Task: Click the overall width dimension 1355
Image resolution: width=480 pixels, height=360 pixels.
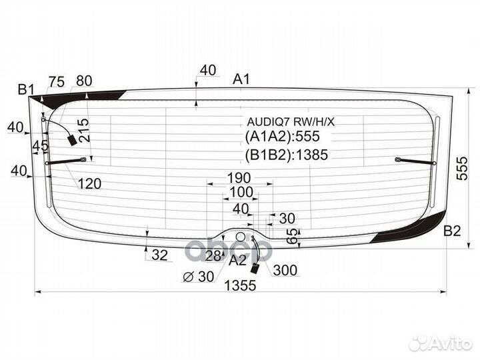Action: [240, 285]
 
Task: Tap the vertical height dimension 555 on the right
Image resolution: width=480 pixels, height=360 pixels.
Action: [462, 168]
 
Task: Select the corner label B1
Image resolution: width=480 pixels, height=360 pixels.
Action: [26, 89]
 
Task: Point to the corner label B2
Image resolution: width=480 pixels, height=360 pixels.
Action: [452, 231]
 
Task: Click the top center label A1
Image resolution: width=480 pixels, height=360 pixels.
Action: [241, 79]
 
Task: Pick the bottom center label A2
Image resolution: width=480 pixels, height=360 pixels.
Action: [237, 261]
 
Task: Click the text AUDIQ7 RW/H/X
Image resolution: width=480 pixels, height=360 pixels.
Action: [291, 122]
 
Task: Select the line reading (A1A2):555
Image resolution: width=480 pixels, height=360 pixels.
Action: [282, 136]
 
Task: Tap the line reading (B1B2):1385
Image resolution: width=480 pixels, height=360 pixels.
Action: [287, 155]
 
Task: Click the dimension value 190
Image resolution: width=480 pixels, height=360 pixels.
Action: [239, 177]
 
